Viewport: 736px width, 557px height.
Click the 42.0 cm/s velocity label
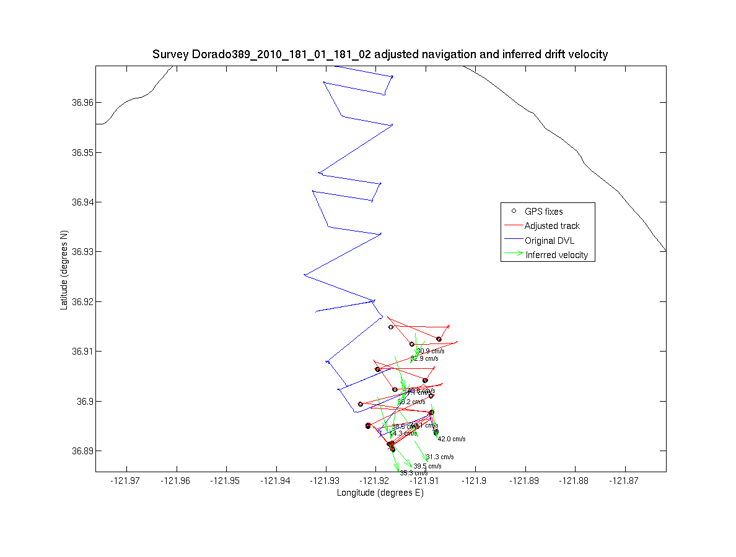451,439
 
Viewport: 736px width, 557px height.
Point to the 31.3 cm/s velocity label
439,457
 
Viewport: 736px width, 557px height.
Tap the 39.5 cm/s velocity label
427,466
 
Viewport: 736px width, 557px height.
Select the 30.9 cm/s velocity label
430,351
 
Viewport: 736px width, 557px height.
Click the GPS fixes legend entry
543,212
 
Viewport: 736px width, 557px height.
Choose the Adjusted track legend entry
552,226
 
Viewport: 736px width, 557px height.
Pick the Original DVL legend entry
550,240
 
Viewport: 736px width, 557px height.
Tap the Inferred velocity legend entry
556,254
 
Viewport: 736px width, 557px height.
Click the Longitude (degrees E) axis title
380,493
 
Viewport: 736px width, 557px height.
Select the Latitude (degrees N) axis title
64,270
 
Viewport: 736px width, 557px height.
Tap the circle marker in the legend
514,211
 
